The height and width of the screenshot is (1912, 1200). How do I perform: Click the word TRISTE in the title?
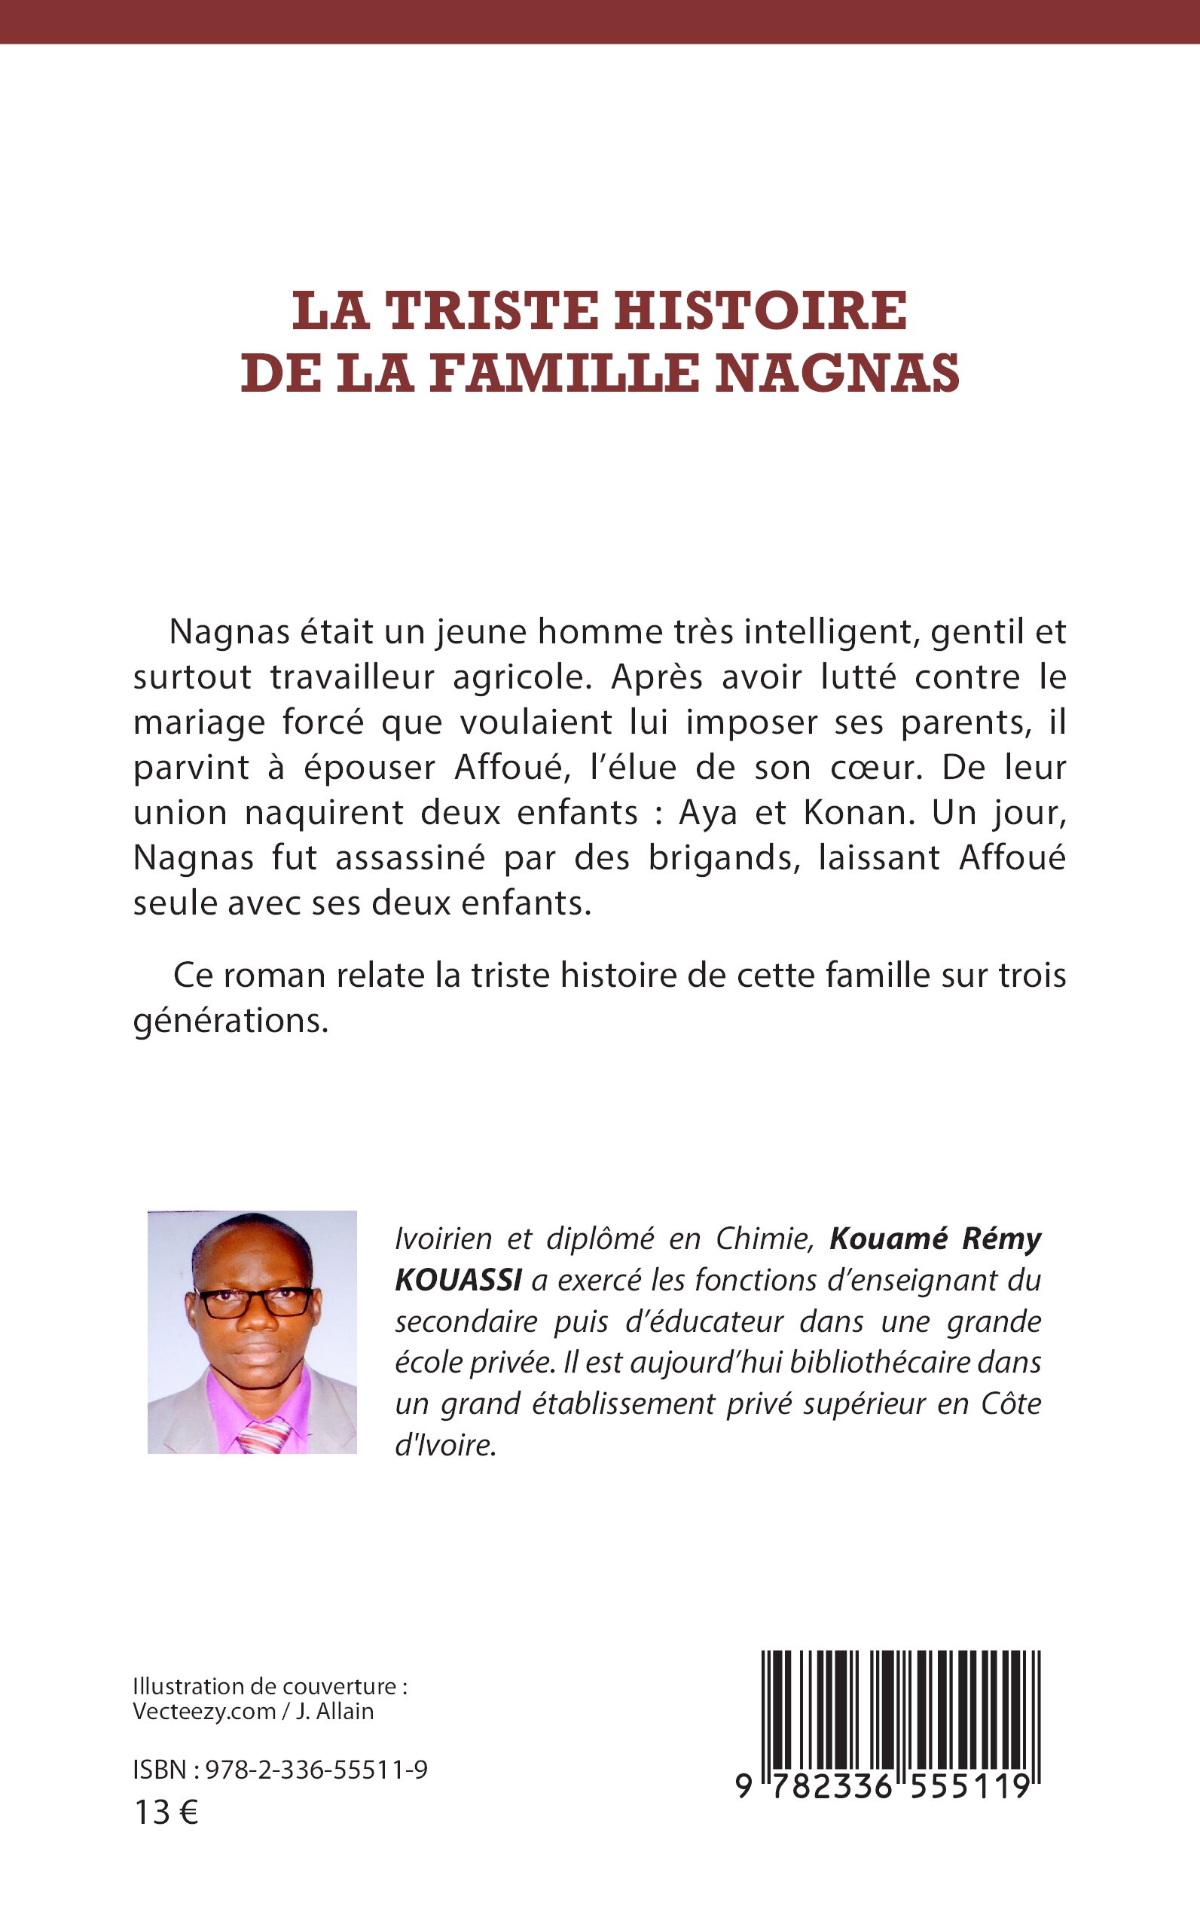coord(491,311)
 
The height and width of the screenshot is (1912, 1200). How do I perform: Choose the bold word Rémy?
coord(1002,1239)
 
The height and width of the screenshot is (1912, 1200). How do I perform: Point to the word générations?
coord(231,1021)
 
